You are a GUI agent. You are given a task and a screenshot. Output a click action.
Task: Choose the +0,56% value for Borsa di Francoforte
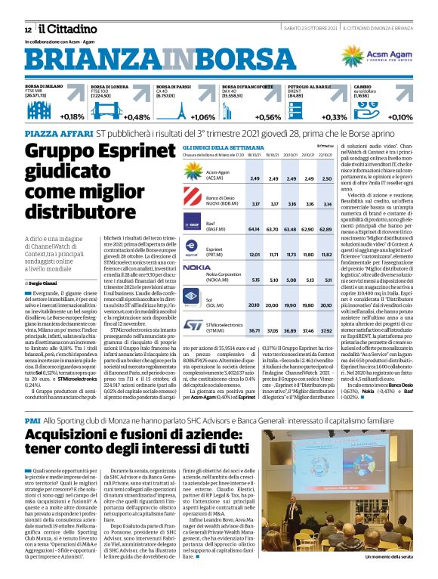coord(268,117)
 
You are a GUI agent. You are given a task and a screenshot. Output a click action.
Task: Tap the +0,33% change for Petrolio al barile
coord(334,117)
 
